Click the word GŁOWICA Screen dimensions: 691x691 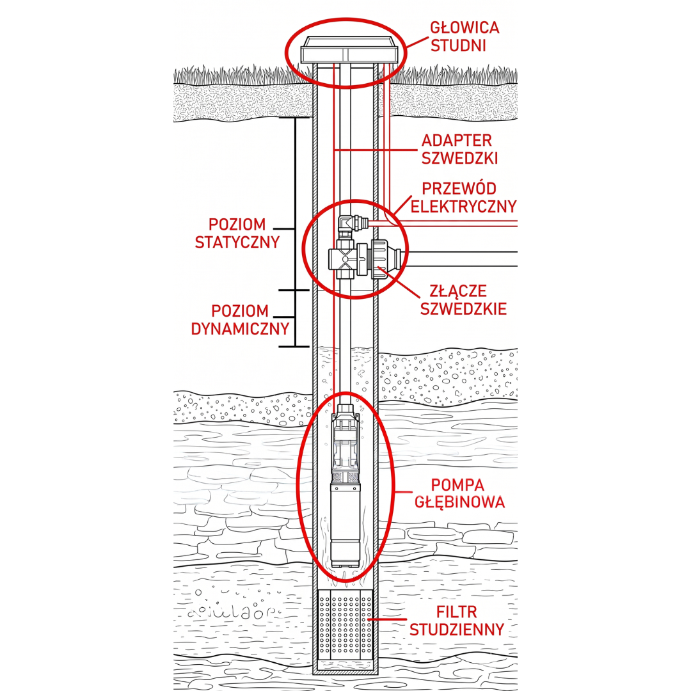465,28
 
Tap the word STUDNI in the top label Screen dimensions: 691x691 458,45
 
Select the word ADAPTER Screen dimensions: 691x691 457,141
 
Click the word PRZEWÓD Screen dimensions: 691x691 459,189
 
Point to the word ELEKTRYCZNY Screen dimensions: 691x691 464,206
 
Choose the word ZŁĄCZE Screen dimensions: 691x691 458,291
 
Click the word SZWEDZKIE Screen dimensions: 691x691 463,308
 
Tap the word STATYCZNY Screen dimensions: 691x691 237,242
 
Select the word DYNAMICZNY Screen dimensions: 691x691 240,328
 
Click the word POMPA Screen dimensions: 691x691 457,485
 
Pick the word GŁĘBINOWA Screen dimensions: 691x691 459,502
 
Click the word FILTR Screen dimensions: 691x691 457,612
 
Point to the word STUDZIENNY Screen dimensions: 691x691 457,630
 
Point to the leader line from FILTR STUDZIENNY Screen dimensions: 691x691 386,619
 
